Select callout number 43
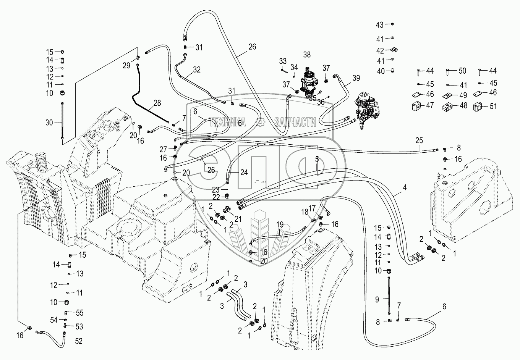pyautogui.click(x=379, y=25)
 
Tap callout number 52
pyautogui.click(x=79, y=341)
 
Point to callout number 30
pyautogui.click(x=50, y=123)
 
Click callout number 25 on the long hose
pyautogui.click(x=420, y=140)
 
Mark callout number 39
pyautogui.click(x=356, y=78)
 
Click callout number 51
pyautogui.click(x=493, y=106)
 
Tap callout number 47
pyautogui.click(x=430, y=105)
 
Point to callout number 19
pyautogui.click(x=280, y=224)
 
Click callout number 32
pyautogui.click(x=196, y=69)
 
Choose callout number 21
pyautogui.click(x=238, y=218)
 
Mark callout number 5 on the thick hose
pyautogui.click(x=317, y=160)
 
